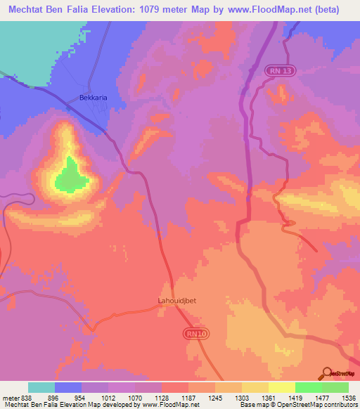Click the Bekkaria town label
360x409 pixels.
tap(93, 98)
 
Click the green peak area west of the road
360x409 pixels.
tap(69, 175)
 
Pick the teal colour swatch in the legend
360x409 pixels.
tap(41, 387)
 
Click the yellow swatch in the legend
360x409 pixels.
tap(282, 387)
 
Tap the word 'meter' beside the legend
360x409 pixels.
tap(10, 397)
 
